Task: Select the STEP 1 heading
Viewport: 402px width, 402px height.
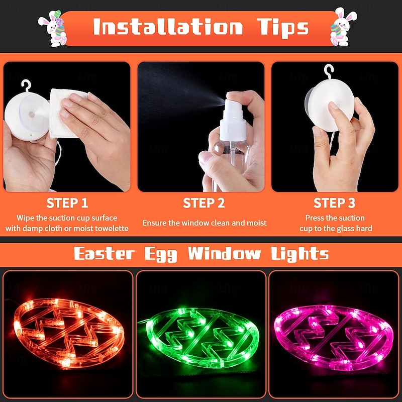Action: (67, 204)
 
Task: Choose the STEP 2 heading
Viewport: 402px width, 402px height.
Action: (204, 204)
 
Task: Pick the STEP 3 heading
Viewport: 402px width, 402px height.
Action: (334, 204)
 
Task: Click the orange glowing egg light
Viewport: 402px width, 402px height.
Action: (67, 333)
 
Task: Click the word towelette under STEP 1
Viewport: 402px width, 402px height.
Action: (110, 229)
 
